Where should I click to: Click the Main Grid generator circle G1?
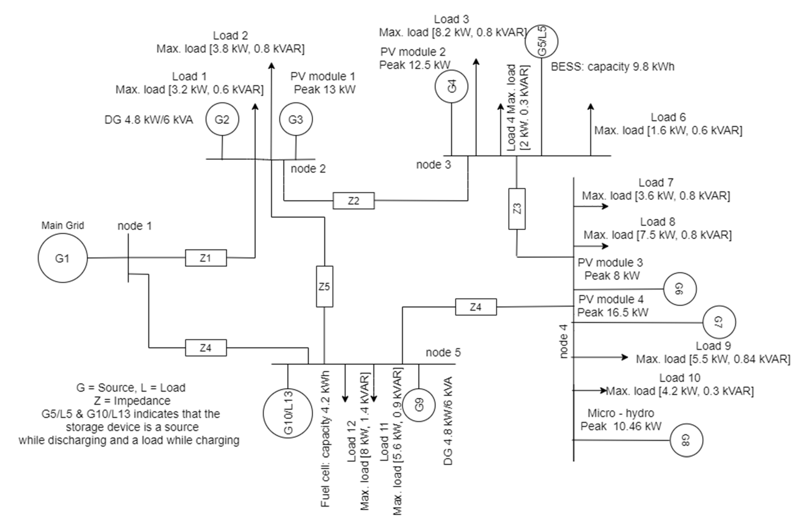[x=62, y=258]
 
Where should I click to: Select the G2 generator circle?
[x=222, y=119]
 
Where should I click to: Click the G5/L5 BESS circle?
[x=542, y=41]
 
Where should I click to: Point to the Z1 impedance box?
[x=206, y=258]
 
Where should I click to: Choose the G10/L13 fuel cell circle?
[x=288, y=413]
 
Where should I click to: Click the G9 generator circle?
[x=419, y=405]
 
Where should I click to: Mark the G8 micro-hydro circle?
[x=686, y=440]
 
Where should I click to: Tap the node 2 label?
[x=308, y=169]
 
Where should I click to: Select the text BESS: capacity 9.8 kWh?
[x=612, y=67]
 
